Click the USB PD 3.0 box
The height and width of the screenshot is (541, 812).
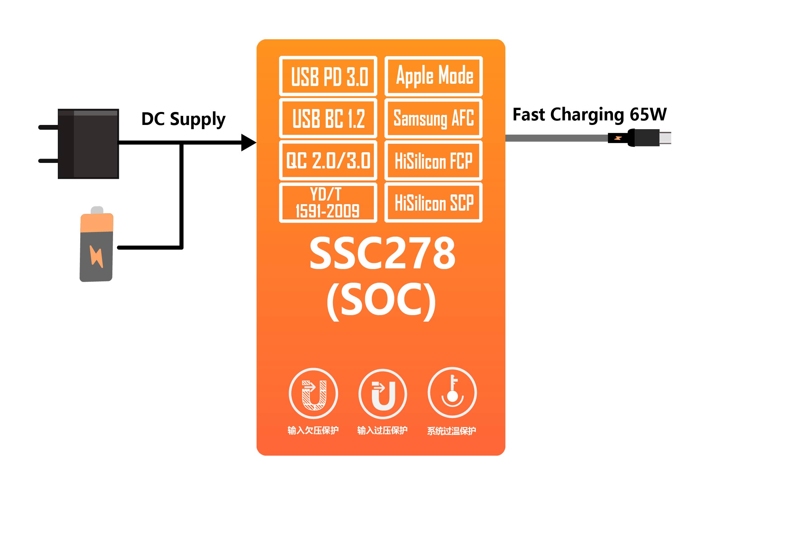[328, 76]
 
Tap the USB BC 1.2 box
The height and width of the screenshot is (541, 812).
[328, 118]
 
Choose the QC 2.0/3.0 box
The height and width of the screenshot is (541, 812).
[328, 160]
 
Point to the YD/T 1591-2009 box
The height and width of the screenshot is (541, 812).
[328, 203]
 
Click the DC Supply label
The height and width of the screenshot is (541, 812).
[183, 119]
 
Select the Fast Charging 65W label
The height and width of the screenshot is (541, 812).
[589, 115]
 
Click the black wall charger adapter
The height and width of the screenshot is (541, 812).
[88, 143]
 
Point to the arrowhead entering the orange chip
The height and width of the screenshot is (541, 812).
[248, 142]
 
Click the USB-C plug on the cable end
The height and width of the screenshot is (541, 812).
[649, 138]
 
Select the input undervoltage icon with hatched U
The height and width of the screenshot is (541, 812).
[313, 394]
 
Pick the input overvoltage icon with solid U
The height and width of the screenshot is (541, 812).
[383, 394]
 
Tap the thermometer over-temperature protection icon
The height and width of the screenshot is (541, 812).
[452, 393]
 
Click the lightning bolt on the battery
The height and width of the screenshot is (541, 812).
[96, 256]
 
